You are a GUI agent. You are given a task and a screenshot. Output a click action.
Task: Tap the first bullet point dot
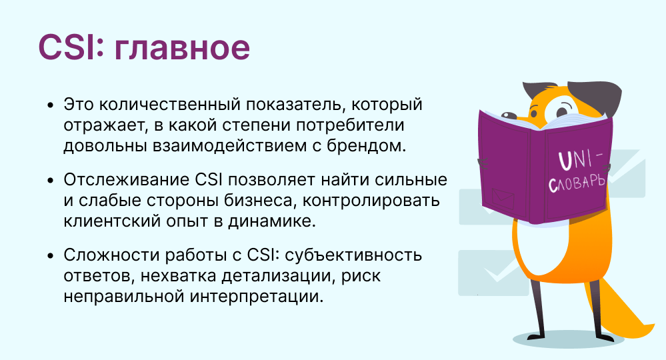coord(51,106)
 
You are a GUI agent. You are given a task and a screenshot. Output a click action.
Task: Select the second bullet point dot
coord(51,181)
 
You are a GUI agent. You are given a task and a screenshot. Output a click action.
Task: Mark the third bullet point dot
coord(51,257)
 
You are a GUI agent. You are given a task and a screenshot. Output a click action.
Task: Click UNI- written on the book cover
coord(579,158)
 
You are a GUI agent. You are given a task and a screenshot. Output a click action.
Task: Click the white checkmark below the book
coord(495,272)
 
